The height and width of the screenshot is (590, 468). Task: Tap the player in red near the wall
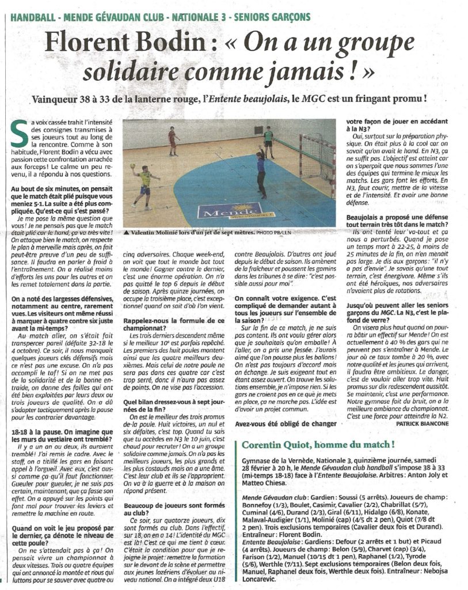172,141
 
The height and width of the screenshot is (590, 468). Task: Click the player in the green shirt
268,141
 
